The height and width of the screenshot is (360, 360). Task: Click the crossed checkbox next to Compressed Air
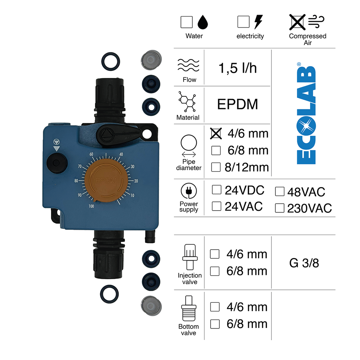pos(297,22)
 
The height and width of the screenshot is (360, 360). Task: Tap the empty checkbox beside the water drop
pos(187,22)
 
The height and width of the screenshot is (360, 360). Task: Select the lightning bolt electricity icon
pos(258,22)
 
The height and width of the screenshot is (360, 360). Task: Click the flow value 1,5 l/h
pos(238,68)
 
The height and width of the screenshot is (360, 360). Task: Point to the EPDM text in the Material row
pos(238,104)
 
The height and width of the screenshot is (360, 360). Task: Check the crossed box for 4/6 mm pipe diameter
pos(216,133)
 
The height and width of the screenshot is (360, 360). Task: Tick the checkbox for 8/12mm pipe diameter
pos(216,167)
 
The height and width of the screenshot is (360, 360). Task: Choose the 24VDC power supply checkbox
pos(217,190)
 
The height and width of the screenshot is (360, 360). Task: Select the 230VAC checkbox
pos(280,208)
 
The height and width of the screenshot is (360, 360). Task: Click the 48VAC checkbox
pos(280,192)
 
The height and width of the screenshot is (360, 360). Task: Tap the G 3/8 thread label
pos(304,263)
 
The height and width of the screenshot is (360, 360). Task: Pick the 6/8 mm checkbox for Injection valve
pos(215,271)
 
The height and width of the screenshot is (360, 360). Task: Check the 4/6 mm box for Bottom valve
pos(215,307)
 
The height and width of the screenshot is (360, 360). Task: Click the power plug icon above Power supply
pos(189,192)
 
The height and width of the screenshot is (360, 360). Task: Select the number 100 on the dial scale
pos(91,206)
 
